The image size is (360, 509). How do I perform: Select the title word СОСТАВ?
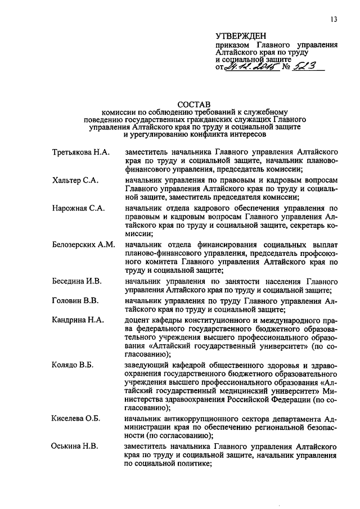coord(193,104)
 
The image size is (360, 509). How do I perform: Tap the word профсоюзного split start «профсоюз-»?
coord(315,254)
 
